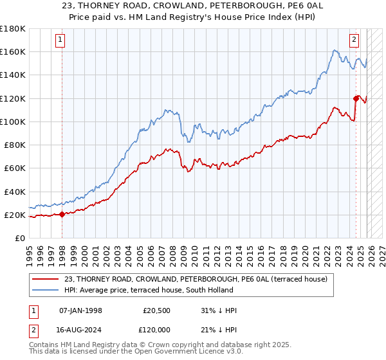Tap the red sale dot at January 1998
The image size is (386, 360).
[x=62, y=215]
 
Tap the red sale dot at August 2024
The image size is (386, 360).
[x=356, y=98]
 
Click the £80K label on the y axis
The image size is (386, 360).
[x=15, y=145]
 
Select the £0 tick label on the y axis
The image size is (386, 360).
[x=20, y=239]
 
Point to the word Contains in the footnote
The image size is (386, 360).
[x=44, y=346]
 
